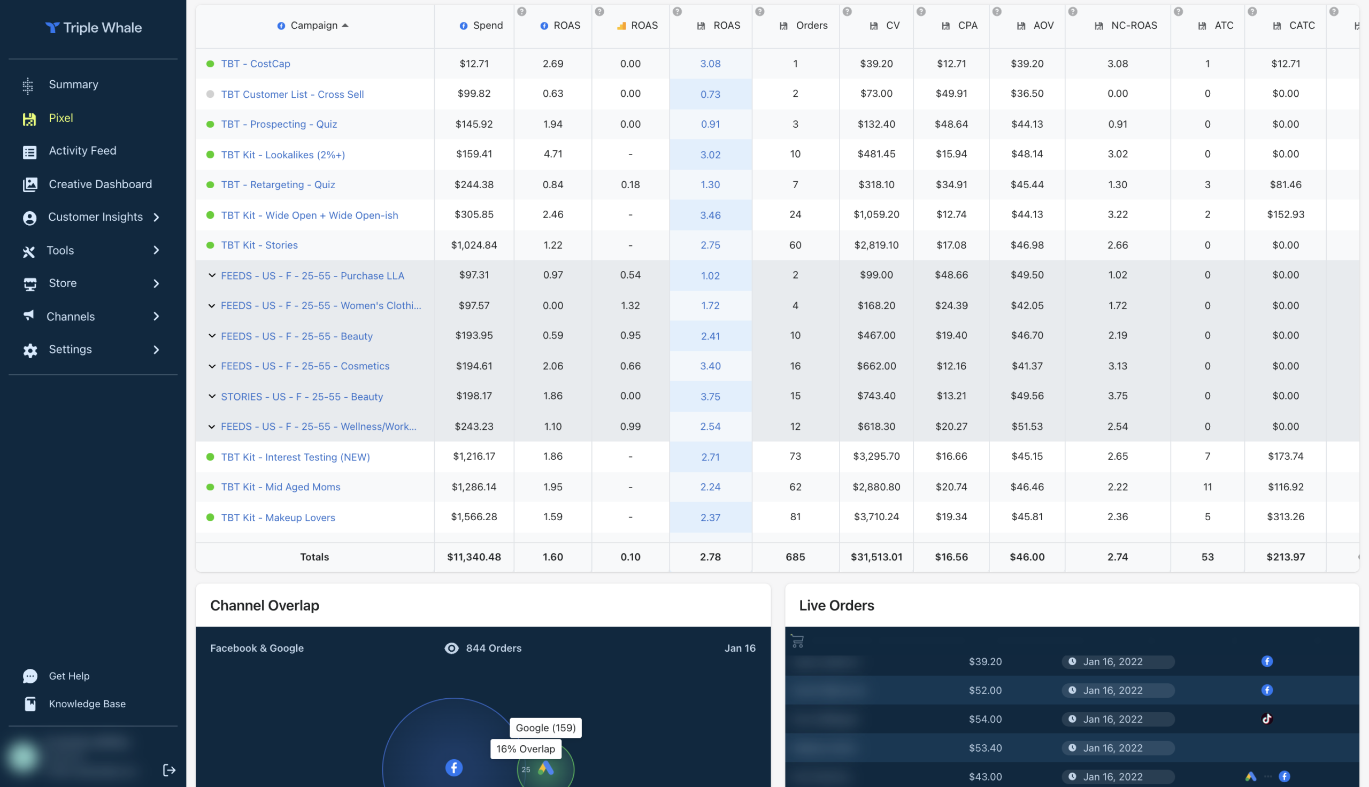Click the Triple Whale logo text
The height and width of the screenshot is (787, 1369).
(x=102, y=28)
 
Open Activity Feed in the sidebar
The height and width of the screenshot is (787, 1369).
(x=82, y=151)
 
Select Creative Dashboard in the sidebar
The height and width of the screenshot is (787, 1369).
(x=100, y=184)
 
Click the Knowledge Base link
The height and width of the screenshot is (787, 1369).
(x=87, y=704)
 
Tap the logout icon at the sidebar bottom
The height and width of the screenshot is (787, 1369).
(x=169, y=770)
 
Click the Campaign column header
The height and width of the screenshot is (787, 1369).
(x=314, y=26)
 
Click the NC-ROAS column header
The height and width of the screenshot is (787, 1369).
(x=1133, y=26)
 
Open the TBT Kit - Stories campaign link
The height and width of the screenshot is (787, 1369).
(x=259, y=245)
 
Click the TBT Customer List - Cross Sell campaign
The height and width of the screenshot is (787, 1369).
(x=292, y=94)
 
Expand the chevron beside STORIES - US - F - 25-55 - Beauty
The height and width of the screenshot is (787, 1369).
(x=212, y=396)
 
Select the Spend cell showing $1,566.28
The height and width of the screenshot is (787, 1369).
(x=474, y=517)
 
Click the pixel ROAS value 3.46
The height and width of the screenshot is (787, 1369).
(x=710, y=215)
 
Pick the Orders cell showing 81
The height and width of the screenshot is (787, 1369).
(x=795, y=517)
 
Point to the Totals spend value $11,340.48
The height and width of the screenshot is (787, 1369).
(x=474, y=557)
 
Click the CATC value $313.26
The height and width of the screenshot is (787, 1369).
(x=1285, y=517)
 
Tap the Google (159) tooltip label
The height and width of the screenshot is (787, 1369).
(x=545, y=728)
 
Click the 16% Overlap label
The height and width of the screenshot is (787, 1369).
(x=525, y=749)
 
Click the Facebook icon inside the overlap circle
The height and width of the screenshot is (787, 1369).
(x=454, y=768)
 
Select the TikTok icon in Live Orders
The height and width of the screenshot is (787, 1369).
(x=1266, y=719)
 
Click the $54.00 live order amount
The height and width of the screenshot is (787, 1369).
(x=985, y=719)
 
